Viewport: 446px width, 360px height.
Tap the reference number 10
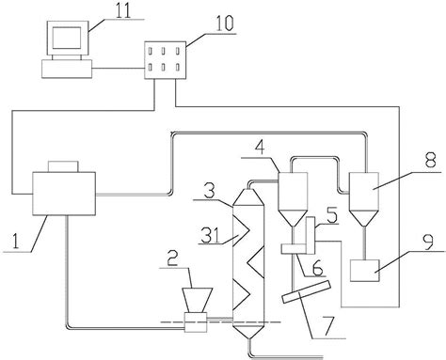coord(224,23)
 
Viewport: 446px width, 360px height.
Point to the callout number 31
coord(211,236)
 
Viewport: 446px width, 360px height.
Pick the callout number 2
coord(172,258)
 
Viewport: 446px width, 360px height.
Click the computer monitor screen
coord(67,38)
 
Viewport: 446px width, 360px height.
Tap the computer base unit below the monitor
coord(67,69)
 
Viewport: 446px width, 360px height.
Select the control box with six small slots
coord(165,60)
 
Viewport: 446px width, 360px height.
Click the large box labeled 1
coord(64,194)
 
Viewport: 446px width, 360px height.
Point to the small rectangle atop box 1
coord(63,166)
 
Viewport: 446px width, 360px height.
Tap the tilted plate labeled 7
coord(307,291)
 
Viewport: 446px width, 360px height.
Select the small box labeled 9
coord(364,271)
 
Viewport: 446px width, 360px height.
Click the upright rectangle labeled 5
coord(311,235)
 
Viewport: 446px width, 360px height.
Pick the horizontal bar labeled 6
coord(294,249)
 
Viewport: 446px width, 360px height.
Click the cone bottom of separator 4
coord(293,218)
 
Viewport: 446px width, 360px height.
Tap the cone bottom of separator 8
coord(364,218)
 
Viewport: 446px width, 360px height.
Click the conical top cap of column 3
coord(247,197)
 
